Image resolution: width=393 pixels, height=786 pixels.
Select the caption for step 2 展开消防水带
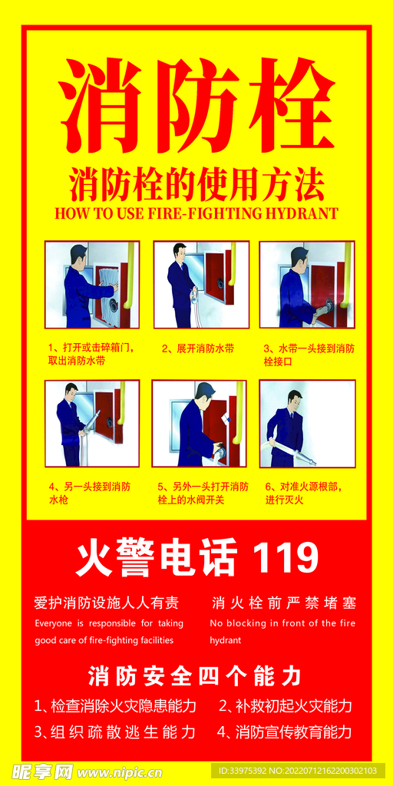coord(198,348)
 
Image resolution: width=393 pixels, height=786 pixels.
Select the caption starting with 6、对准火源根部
coord(305,493)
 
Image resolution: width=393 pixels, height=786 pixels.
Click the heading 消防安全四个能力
coord(194,676)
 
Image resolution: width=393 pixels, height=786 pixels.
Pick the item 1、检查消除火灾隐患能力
coord(115,706)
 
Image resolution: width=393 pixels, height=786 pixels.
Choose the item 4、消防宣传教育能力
coord(284,732)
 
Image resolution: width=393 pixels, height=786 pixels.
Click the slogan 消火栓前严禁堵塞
coord(283,603)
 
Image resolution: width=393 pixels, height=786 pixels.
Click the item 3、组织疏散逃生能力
coord(114,732)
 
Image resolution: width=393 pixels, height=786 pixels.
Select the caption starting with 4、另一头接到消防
coord(90,493)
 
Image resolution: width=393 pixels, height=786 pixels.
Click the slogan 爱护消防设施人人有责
coord(106,603)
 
